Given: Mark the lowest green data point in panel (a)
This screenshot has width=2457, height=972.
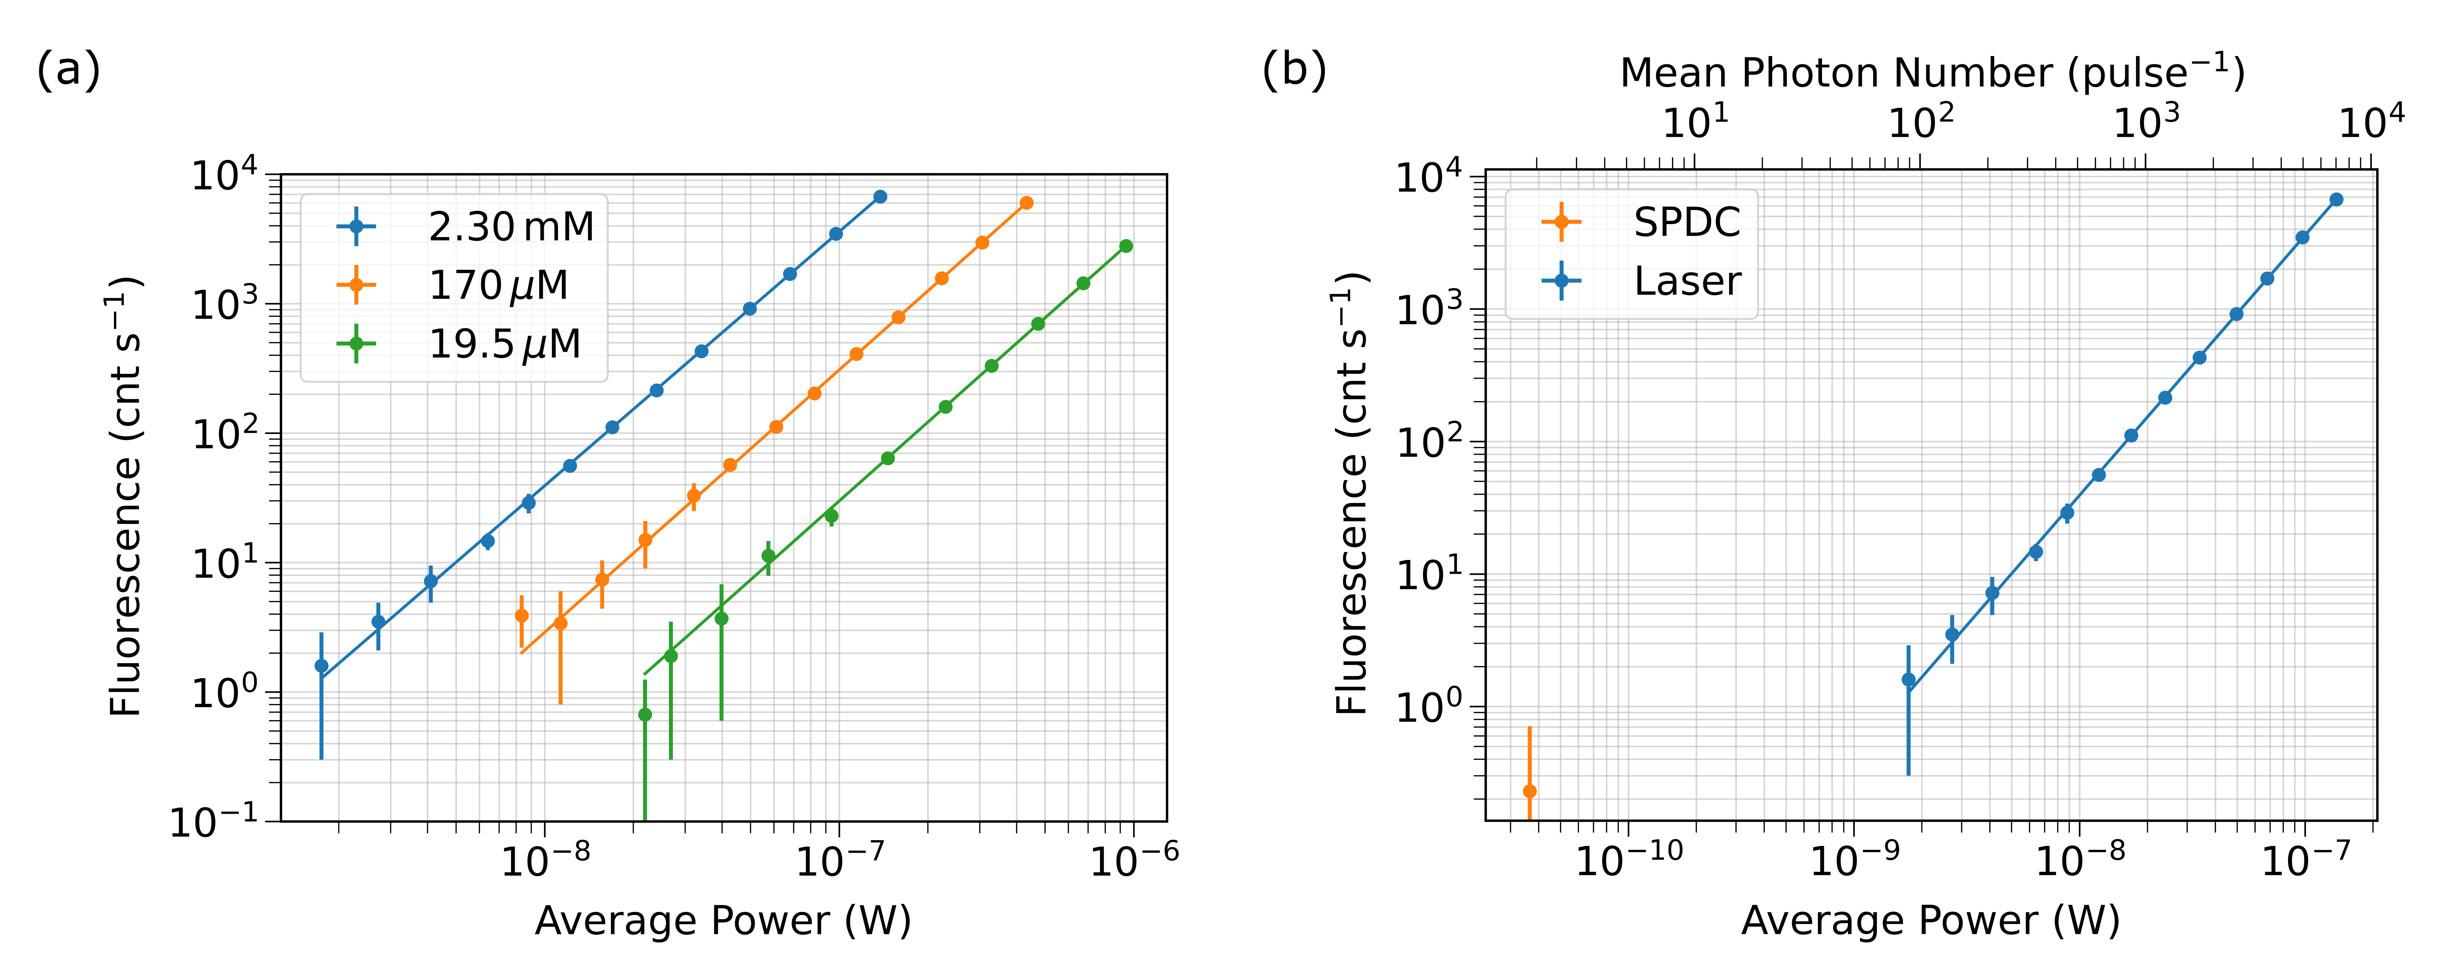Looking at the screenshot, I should [x=645, y=715].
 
